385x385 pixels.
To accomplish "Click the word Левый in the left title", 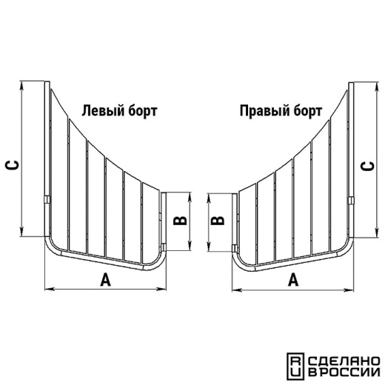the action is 103,111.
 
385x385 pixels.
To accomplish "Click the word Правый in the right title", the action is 264,111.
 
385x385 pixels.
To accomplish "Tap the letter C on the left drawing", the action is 12,165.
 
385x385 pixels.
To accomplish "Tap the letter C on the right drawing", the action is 367,166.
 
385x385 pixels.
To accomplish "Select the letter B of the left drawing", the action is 180,221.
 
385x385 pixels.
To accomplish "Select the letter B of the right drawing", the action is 218,221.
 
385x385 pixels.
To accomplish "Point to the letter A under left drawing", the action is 106,279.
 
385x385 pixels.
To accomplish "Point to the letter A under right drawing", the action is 293,279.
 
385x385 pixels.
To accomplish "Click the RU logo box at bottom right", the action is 295,366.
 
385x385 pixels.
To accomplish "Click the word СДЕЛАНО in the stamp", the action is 344,361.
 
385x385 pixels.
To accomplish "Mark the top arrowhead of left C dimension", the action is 21,86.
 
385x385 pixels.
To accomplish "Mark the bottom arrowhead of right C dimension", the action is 377,232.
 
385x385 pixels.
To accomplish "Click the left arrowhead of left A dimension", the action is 50,289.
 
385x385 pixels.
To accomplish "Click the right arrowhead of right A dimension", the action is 349,290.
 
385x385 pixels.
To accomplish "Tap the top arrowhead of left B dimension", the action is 190,197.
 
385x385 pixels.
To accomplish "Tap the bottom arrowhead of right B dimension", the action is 209,247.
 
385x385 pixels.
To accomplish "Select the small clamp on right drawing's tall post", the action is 351,201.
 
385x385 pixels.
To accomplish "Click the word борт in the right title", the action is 308,111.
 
